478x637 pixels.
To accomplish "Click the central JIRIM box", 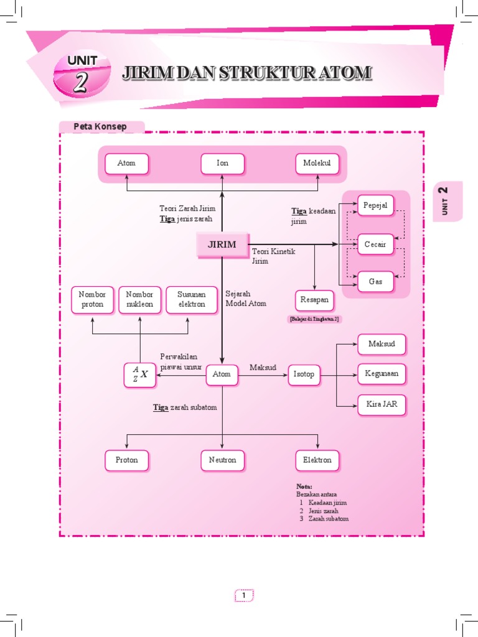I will click(x=222, y=244).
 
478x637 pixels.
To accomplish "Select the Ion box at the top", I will click(x=222, y=163).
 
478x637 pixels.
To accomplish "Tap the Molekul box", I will click(x=317, y=163).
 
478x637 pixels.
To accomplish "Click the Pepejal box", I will click(x=375, y=205).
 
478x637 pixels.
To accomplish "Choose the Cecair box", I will click(x=375, y=244).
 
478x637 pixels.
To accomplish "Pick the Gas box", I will click(x=375, y=281).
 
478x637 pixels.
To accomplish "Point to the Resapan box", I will click(x=314, y=300).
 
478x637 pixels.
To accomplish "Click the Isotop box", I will click(x=304, y=374).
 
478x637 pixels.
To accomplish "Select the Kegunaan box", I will click(x=382, y=374).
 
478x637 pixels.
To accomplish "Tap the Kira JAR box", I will click(x=382, y=404).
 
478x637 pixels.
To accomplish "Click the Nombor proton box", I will click(x=92, y=299).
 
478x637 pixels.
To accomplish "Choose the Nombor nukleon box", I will click(x=139, y=299).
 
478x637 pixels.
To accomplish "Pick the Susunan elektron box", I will click(x=191, y=299).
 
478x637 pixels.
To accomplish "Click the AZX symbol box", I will click(x=140, y=374).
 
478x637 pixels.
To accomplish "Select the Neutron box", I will click(x=222, y=460).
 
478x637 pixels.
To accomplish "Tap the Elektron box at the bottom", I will click(x=317, y=460).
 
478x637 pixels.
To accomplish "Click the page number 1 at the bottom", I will click(x=244, y=595).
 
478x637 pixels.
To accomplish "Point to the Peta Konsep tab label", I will click(x=100, y=127).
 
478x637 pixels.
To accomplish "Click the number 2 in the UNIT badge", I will click(x=80, y=83).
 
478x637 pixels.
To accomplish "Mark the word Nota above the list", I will click(x=304, y=486).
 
